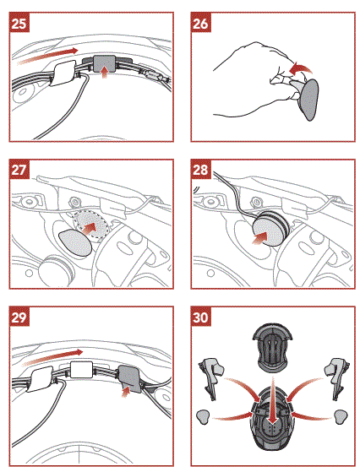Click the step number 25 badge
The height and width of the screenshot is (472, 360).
click(19, 23)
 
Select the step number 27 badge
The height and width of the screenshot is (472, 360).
click(19, 171)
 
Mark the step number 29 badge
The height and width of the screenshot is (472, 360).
click(19, 317)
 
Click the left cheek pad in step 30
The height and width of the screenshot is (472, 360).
click(210, 374)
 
